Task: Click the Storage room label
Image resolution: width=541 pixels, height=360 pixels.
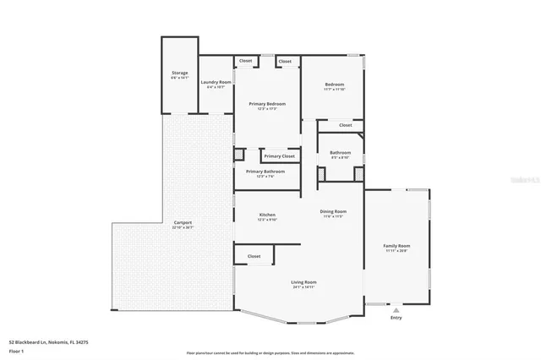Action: point(179,73)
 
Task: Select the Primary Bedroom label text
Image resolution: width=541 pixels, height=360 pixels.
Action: point(267,103)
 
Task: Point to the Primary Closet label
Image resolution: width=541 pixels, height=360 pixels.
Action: point(279,156)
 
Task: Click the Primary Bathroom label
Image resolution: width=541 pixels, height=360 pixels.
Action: point(265,172)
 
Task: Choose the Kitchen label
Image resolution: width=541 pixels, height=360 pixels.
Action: point(267,215)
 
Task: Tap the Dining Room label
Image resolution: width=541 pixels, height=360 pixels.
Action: point(333,211)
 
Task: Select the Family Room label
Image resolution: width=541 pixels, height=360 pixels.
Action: point(397,246)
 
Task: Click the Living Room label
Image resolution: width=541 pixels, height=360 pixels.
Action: point(303,281)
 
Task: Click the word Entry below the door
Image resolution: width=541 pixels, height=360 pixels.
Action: point(396,318)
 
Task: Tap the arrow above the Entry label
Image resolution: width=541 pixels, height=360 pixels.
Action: point(396,309)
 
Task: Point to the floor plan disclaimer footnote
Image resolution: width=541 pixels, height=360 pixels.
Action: point(270,353)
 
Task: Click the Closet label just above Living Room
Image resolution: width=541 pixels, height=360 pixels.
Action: point(254,256)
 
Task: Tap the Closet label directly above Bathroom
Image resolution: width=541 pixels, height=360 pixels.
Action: point(345,125)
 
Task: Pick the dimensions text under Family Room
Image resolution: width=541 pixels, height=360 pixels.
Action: point(397,251)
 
